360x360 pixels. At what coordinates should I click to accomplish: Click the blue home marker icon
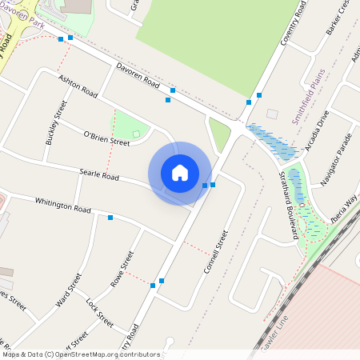coord(180,173)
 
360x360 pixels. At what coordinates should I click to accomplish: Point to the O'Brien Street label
coord(106,138)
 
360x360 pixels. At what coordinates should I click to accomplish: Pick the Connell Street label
coord(216,252)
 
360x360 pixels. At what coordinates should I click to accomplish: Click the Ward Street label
coord(69,294)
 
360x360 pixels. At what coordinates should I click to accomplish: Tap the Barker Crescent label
coord(338,18)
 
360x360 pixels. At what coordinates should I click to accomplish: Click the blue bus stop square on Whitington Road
coord(110,218)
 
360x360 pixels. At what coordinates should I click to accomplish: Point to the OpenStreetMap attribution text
coord(81,354)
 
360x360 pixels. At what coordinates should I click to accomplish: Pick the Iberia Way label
coord(345,211)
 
